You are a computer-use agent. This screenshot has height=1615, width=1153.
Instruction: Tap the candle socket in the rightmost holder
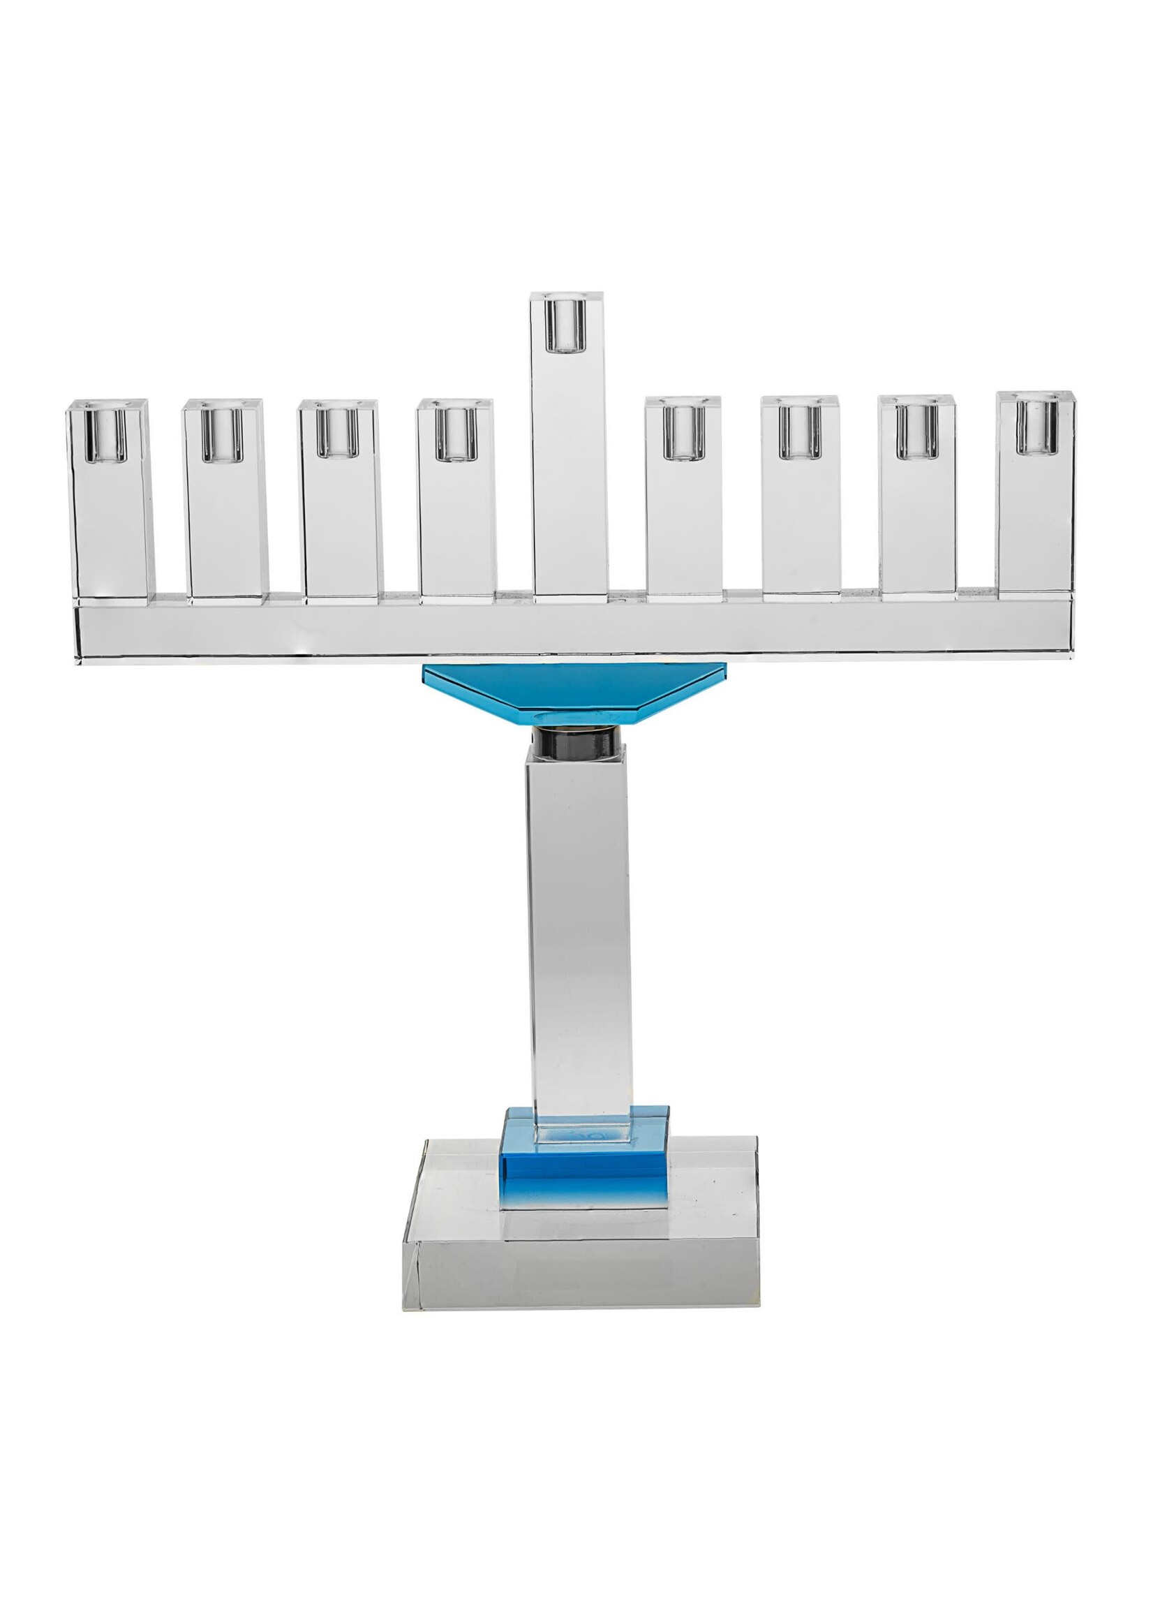click(x=1036, y=427)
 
